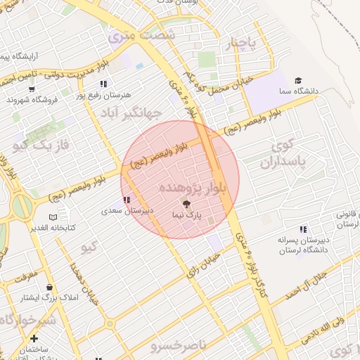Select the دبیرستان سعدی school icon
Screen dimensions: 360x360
click(x=126, y=200)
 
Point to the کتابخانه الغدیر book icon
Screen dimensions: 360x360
click(x=53, y=217)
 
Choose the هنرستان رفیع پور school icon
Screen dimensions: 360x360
click(x=103, y=84)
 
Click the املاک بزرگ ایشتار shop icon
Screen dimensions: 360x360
click(x=50, y=287)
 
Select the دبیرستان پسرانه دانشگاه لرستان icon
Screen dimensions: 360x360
click(x=303, y=229)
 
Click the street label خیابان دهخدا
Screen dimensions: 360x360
click(x=84, y=285)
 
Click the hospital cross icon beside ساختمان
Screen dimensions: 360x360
click(x=33, y=338)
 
